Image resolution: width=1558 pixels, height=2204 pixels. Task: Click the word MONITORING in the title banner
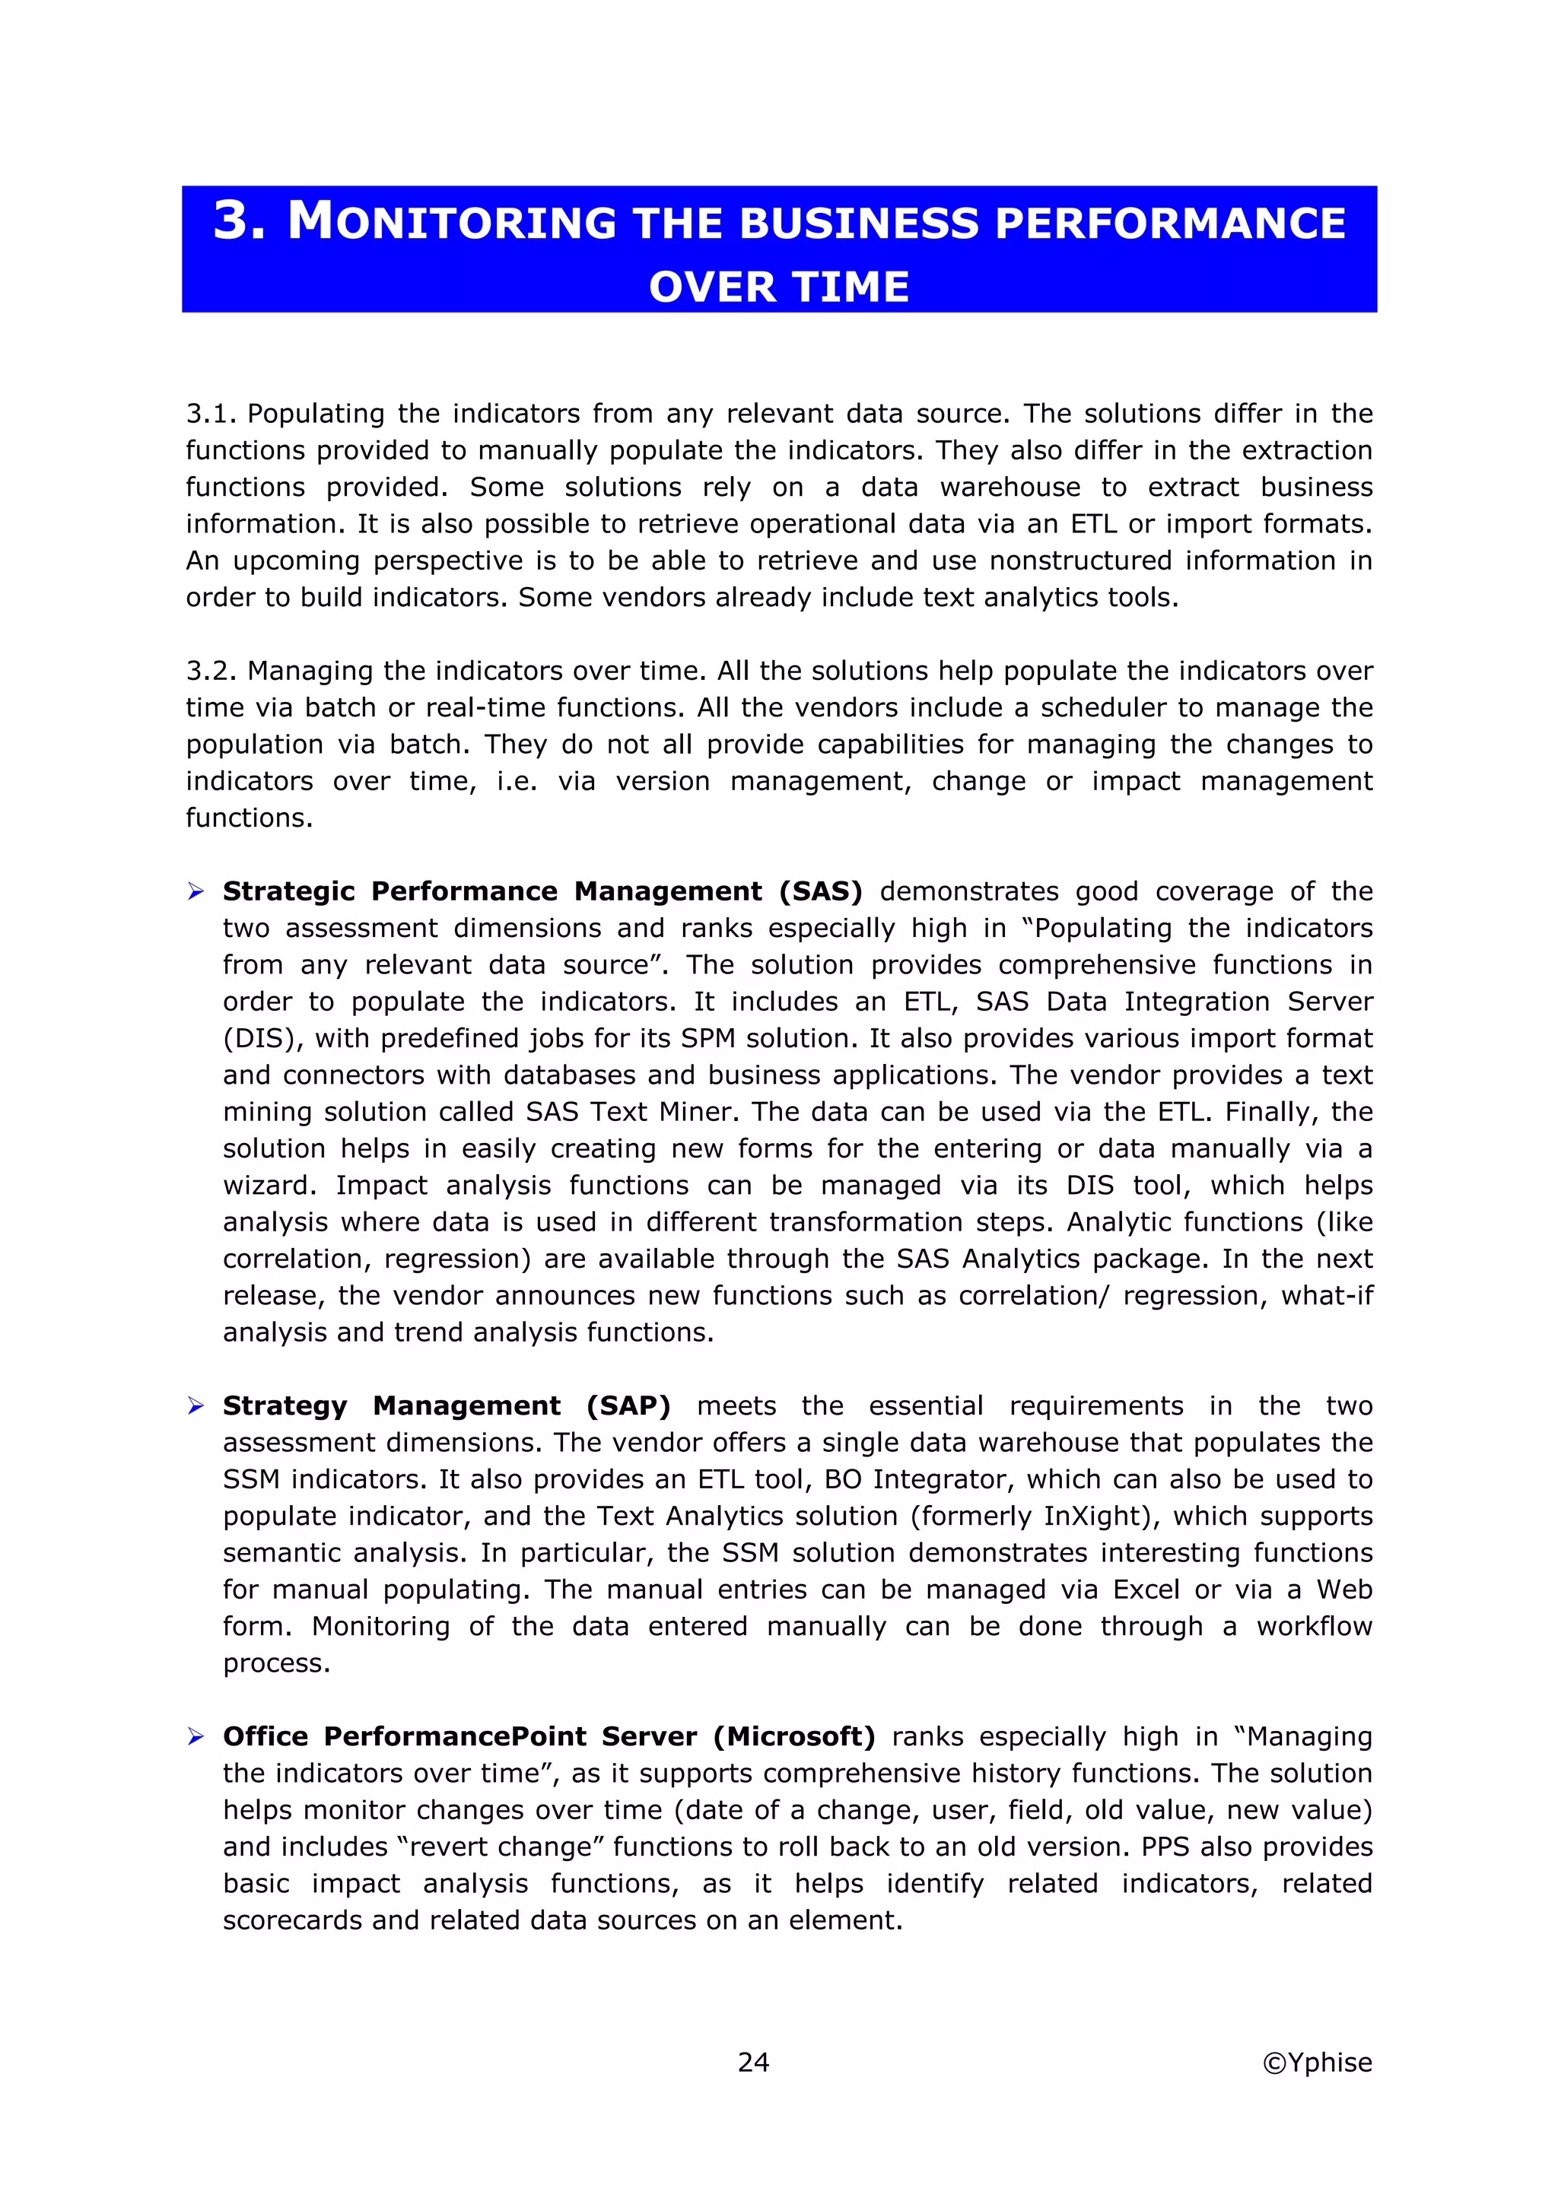[451, 223]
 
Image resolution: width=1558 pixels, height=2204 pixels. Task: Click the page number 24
[754, 2062]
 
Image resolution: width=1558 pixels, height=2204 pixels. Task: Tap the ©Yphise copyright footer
[1317, 2062]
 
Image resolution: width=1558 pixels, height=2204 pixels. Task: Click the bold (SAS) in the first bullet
[820, 892]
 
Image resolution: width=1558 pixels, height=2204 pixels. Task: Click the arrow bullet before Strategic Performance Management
[196, 893]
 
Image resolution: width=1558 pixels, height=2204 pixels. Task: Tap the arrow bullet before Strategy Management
[196, 1407]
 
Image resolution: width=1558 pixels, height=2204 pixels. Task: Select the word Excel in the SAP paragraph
[1146, 1589]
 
